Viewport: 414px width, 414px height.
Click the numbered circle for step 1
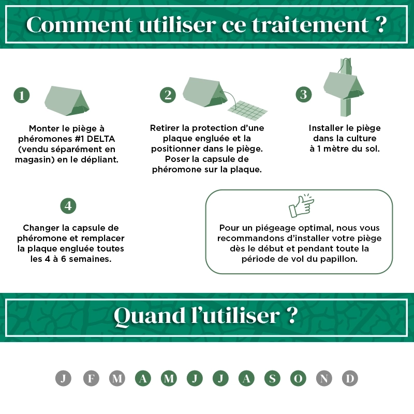[22, 95]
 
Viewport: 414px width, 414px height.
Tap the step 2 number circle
[168, 95]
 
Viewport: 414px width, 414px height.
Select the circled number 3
[304, 95]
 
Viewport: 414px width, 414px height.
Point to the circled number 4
[68, 206]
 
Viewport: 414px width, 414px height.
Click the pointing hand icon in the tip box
[301, 206]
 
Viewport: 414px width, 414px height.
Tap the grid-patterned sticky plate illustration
[247, 110]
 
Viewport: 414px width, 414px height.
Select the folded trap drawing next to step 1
[67, 100]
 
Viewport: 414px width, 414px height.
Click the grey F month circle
[91, 378]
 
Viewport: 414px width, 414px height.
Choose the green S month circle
[272, 378]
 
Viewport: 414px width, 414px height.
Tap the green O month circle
[298, 378]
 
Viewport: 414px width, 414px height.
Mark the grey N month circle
[324, 378]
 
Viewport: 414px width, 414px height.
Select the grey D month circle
[350, 378]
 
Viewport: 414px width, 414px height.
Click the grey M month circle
[117, 378]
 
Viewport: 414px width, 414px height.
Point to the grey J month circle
[63, 378]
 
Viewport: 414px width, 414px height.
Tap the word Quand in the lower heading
[150, 316]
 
